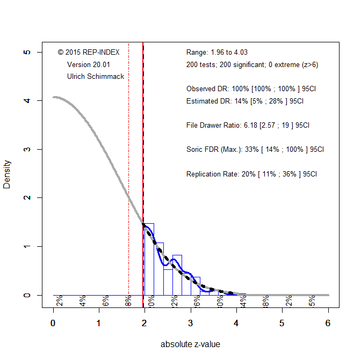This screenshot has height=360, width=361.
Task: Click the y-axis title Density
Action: (7, 173)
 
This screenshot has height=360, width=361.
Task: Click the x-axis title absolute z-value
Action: (190, 344)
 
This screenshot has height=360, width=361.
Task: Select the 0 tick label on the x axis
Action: (53, 324)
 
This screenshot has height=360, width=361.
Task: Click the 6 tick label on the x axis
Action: (328, 324)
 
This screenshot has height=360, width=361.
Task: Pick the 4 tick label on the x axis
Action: (236, 324)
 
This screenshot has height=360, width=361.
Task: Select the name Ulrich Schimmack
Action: (96, 77)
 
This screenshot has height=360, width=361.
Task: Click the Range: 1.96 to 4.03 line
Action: (216, 53)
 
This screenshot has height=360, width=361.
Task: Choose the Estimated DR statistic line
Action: (245, 101)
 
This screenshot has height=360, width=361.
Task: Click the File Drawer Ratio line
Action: (248, 125)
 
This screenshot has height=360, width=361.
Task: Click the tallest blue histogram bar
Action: (149, 259)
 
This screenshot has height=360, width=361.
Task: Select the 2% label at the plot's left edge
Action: (59, 302)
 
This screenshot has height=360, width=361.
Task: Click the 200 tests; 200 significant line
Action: (252, 64)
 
